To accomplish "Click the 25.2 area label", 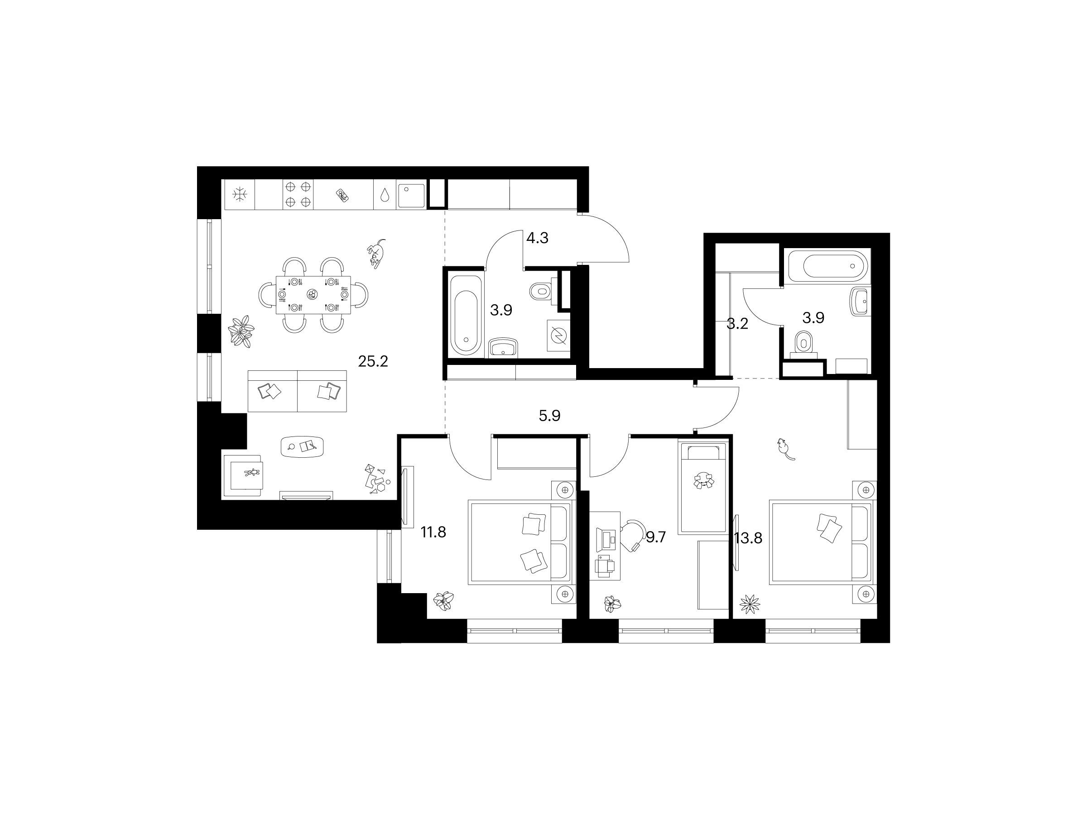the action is click(x=373, y=362).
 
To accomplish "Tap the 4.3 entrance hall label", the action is click(x=537, y=238).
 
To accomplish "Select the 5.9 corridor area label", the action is click(x=549, y=416).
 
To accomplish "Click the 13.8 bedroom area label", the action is click(x=748, y=538).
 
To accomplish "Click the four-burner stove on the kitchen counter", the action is click(x=298, y=194).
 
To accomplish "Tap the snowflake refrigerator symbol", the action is click(x=240, y=195).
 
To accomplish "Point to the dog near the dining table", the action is click(x=376, y=254).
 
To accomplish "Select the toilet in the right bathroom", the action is click(x=803, y=343).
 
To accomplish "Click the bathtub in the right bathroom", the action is click(x=828, y=267).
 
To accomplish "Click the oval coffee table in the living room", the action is click(x=302, y=446).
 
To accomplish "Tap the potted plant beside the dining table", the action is click(x=241, y=332).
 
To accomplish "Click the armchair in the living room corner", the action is click(x=244, y=475).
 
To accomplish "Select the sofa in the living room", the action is click(x=297, y=391).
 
